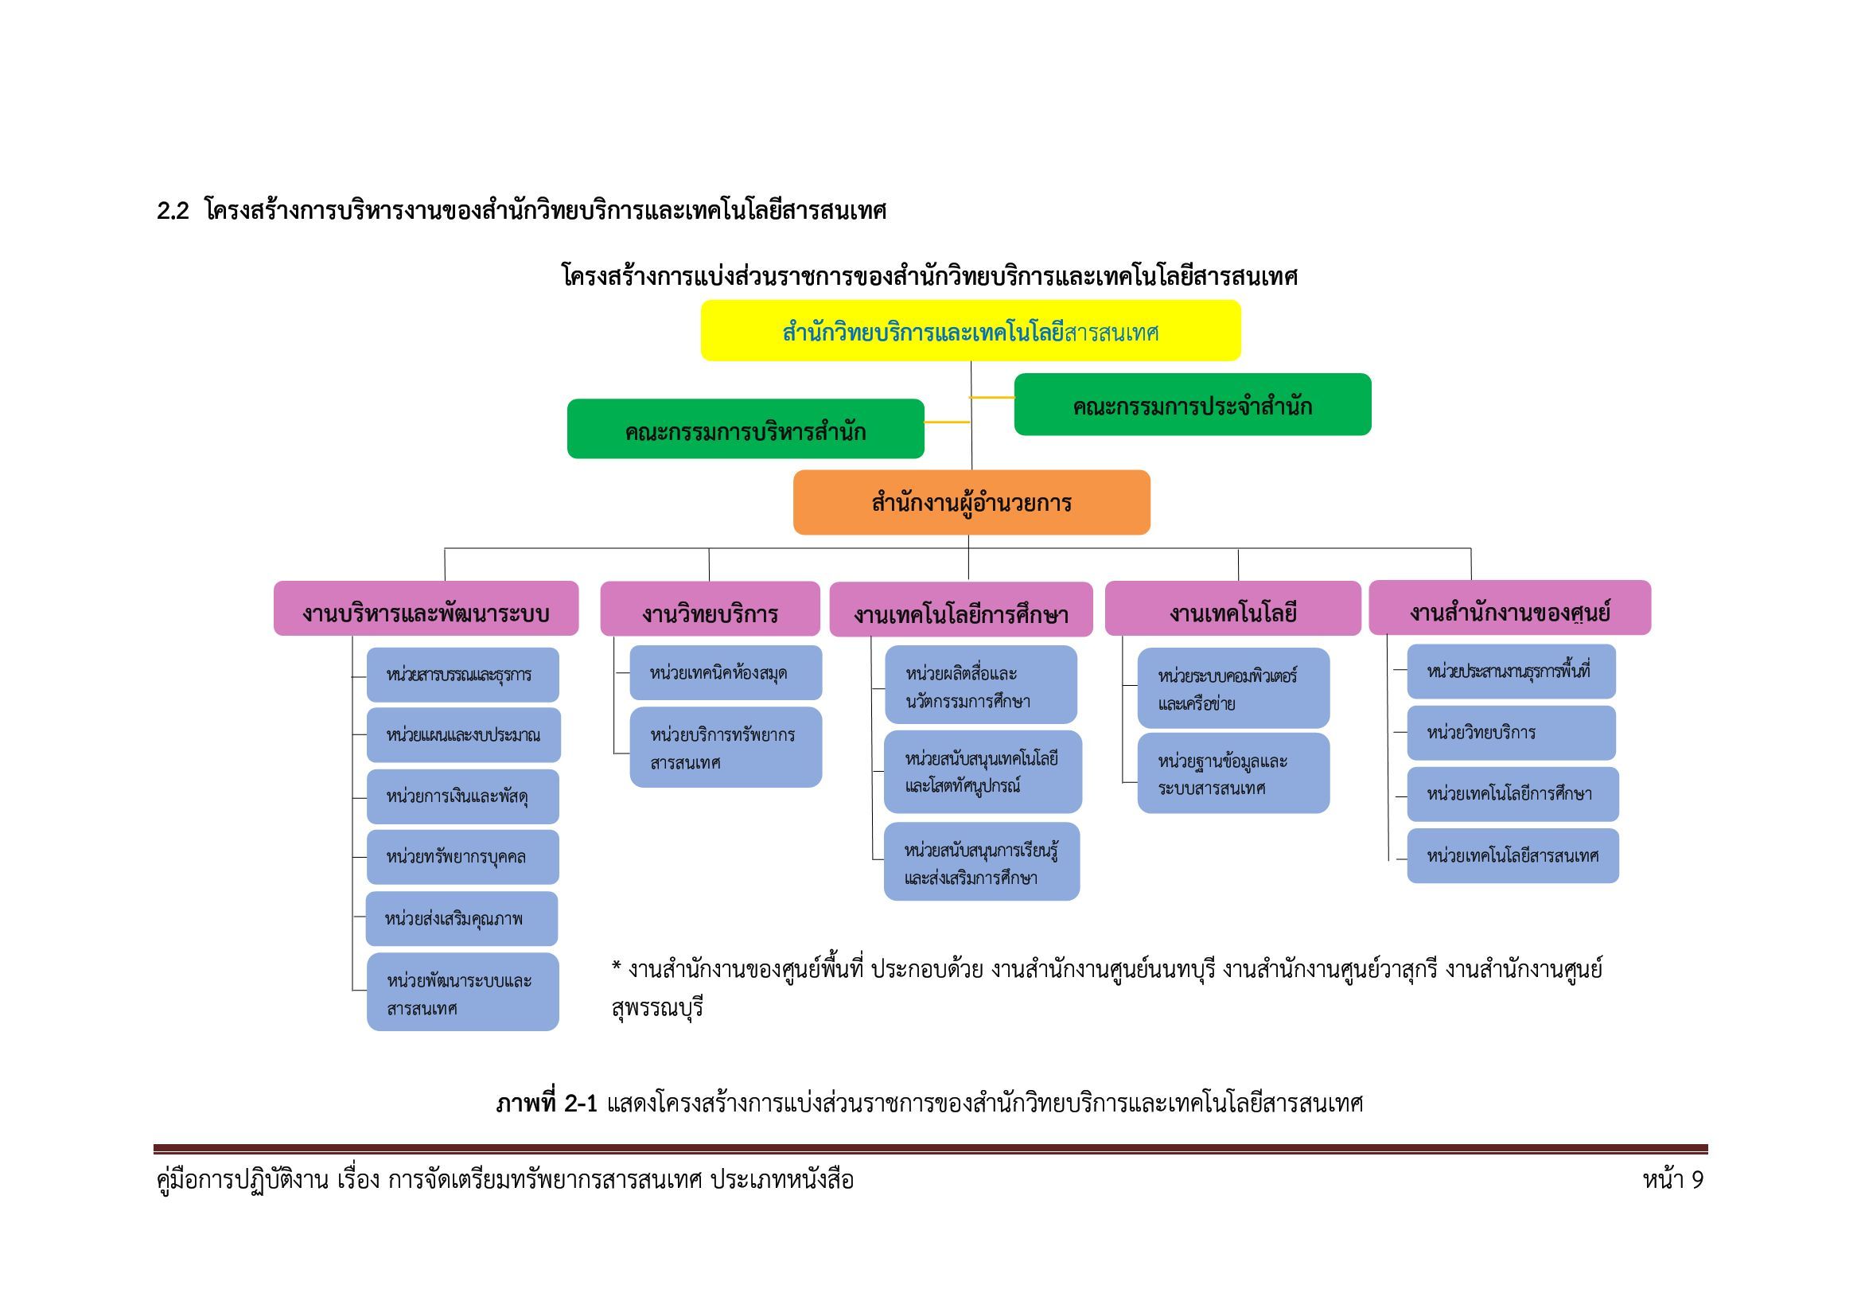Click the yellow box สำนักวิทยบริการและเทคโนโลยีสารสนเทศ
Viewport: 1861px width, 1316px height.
click(x=970, y=331)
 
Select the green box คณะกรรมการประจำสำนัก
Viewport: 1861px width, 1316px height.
click(x=1193, y=404)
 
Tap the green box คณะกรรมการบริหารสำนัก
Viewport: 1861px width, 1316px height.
click(x=746, y=429)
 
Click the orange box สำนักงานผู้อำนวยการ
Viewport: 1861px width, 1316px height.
click(x=971, y=502)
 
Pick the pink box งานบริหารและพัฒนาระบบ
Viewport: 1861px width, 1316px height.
click(x=426, y=609)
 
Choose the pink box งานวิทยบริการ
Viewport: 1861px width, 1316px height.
click(x=710, y=609)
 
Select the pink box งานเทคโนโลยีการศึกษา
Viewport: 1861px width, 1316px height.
click(x=961, y=609)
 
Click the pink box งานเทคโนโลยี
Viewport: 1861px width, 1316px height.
click(x=1232, y=609)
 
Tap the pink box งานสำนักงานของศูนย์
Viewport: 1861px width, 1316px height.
click(x=1510, y=608)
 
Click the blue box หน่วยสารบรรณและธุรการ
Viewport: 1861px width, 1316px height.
click(x=463, y=675)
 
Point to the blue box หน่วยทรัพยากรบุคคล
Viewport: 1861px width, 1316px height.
click(x=463, y=858)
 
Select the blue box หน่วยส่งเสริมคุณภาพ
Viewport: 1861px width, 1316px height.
click(x=462, y=919)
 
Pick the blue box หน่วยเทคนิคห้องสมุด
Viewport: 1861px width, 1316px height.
click(x=726, y=672)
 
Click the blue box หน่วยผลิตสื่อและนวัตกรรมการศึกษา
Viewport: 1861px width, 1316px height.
click(x=981, y=685)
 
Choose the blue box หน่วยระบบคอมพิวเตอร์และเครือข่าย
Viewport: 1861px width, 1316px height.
click(x=1234, y=688)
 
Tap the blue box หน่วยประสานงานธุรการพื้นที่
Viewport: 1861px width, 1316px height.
click(x=1512, y=672)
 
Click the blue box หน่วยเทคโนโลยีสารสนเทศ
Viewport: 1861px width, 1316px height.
click(x=1513, y=856)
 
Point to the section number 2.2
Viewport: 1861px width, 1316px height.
click(x=173, y=212)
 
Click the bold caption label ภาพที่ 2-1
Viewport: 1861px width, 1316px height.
click(x=547, y=1103)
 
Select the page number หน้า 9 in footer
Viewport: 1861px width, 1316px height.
click(x=1673, y=1180)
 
